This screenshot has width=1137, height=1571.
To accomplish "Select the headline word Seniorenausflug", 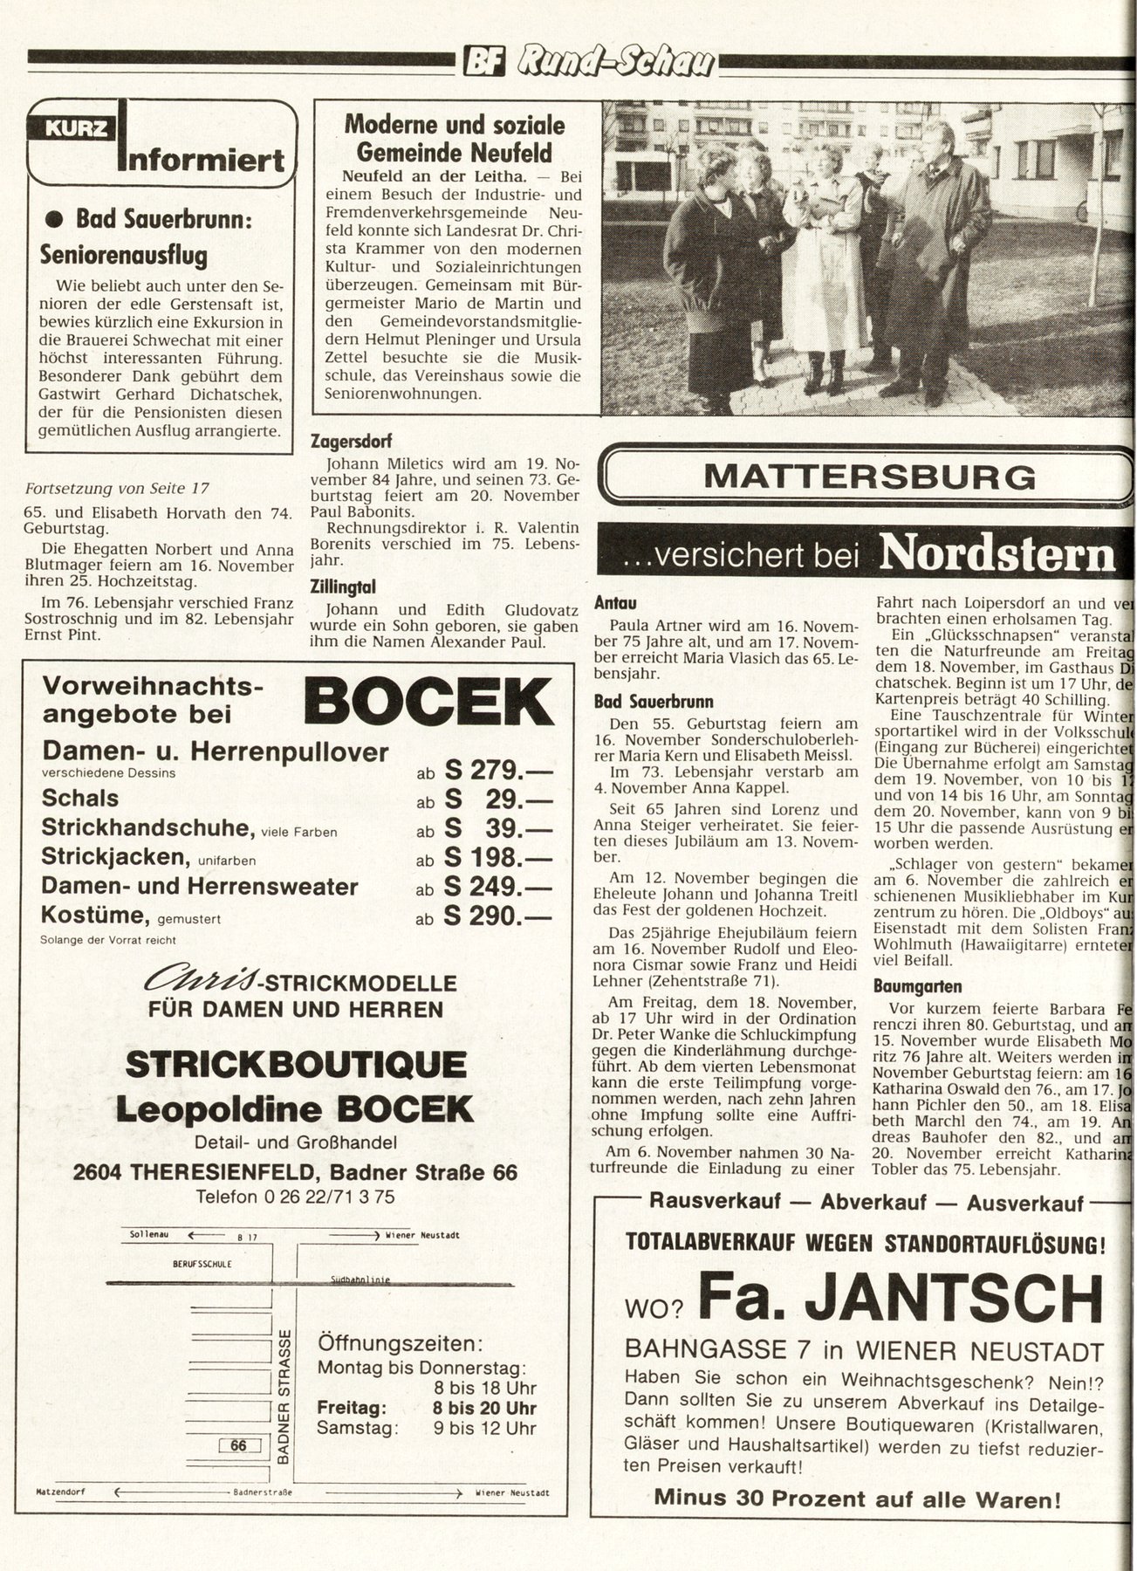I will tap(124, 256).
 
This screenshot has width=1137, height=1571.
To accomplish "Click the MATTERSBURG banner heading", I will tap(869, 477).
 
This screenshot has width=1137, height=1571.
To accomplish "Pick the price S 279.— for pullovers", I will tap(497, 770).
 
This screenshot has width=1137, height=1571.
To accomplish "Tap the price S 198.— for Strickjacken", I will tap(497, 857).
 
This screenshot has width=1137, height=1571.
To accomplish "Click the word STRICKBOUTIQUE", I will tap(295, 1065).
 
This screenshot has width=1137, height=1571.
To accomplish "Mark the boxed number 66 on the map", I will tap(238, 1445).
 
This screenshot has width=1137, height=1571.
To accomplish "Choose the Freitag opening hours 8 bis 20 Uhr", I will tap(484, 1408).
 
